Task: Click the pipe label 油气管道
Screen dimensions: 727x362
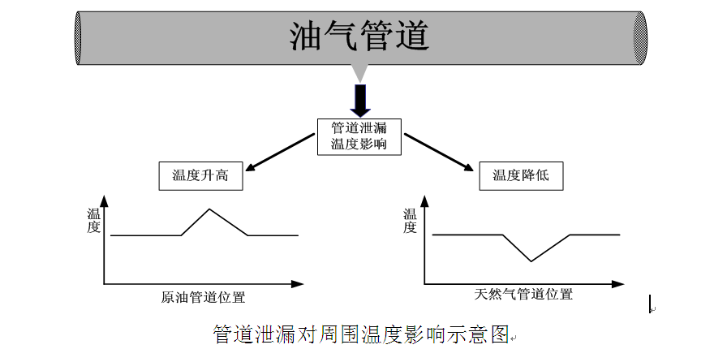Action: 359,36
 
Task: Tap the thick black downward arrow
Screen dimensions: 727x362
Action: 360,101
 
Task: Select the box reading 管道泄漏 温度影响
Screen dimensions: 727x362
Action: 359,136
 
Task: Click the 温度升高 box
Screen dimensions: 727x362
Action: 200,176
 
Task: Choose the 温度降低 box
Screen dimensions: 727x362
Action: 521,176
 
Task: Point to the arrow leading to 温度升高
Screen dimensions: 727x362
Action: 280,153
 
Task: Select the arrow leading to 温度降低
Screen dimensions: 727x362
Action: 439,153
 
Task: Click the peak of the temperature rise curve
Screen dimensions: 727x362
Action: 209,209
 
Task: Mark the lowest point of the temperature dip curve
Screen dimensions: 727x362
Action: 531,261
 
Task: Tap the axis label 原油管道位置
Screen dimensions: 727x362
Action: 203,297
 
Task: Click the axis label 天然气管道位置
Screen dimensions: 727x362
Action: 523,294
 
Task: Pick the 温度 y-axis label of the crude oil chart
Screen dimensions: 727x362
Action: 93,221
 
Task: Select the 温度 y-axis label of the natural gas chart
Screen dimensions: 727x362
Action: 410,221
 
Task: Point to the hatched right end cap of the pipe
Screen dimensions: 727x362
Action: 640,38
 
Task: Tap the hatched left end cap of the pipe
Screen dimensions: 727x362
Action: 78,38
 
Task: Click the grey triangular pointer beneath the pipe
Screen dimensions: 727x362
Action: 360,73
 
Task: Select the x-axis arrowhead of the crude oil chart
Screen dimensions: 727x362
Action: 297,283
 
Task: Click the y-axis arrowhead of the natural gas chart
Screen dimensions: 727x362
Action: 424,201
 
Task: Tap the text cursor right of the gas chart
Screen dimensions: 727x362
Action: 650,304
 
